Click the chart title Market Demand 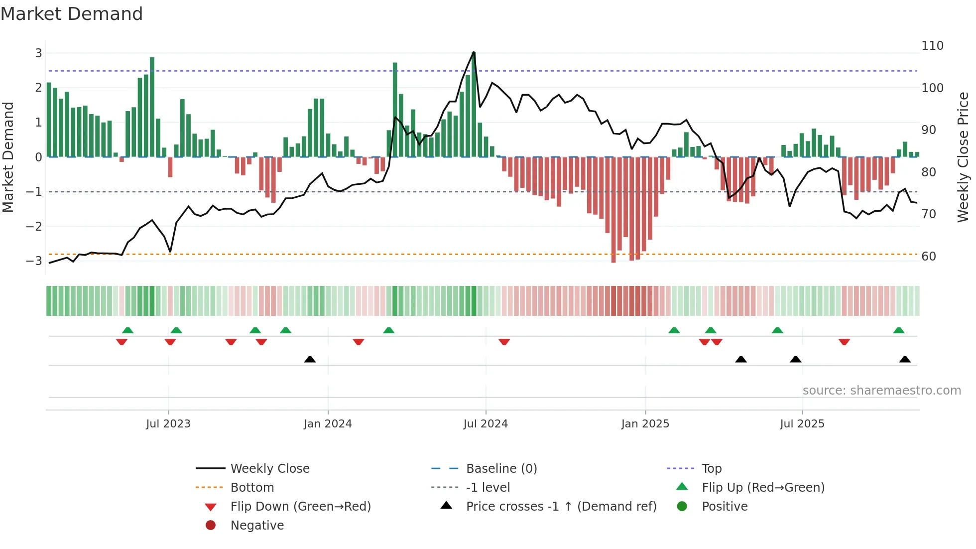coord(72,14)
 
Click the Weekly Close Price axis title coord(963,157)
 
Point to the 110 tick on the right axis coord(932,46)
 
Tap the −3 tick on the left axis coord(34,261)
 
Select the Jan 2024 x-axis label coord(328,424)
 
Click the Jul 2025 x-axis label coord(802,424)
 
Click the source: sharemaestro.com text coord(881,391)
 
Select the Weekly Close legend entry coord(269,469)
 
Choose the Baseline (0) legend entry coord(501,469)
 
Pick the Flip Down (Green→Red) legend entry coord(300,507)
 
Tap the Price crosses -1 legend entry coord(561,507)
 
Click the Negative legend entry coord(257,526)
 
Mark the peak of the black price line coord(474,52)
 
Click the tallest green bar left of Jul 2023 coord(152,107)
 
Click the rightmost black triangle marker coord(905,360)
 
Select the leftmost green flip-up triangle coord(127,330)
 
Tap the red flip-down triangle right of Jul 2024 coord(504,342)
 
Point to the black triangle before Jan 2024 coord(310,360)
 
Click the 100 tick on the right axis coord(932,88)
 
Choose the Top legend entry coord(712,469)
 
